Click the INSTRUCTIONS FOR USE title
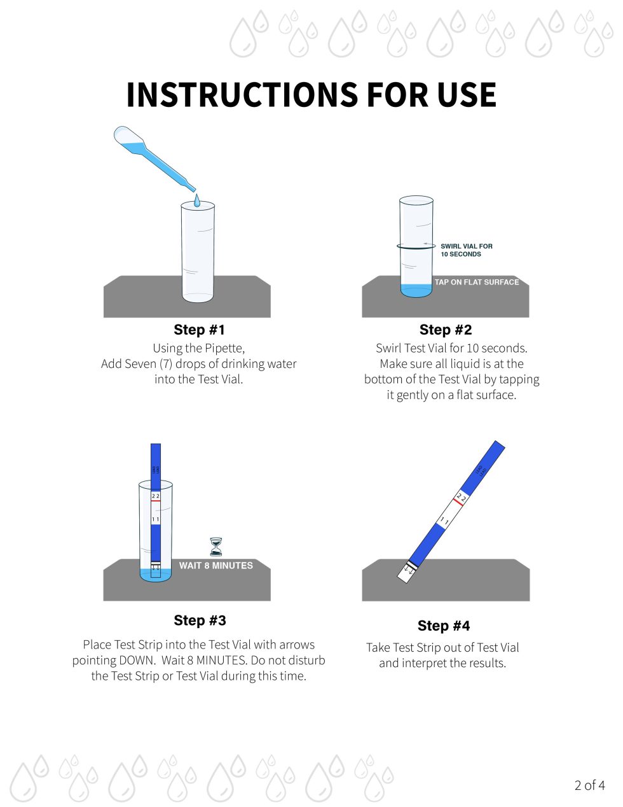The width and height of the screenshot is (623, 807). (x=311, y=95)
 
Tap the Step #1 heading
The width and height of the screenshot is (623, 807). (x=199, y=330)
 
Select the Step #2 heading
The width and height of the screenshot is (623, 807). (x=445, y=330)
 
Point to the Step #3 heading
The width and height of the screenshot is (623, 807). (x=200, y=621)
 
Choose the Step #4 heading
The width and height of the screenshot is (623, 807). (x=443, y=626)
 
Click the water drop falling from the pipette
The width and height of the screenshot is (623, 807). (x=196, y=200)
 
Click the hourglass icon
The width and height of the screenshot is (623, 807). (x=216, y=547)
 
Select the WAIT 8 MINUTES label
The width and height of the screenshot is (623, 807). (x=216, y=565)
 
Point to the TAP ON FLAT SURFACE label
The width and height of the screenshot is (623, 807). (x=476, y=282)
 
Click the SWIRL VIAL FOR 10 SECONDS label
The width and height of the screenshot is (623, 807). (x=466, y=250)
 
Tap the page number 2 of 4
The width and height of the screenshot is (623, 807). (x=589, y=785)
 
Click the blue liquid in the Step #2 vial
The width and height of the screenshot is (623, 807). (x=416, y=290)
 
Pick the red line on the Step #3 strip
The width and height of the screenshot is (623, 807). (x=156, y=502)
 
